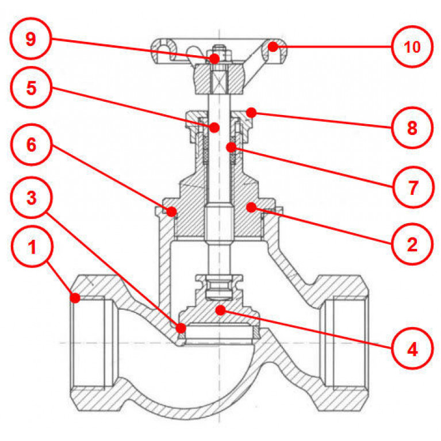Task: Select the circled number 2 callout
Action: pos(412,244)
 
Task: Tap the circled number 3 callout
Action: pos(32,198)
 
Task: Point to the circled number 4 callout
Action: pos(412,348)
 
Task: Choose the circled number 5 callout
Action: pos(32,89)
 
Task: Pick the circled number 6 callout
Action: pos(32,144)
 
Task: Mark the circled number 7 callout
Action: pos(412,186)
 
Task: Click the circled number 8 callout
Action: pos(412,128)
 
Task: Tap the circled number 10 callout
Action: pos(412,47)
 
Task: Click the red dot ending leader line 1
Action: pos(75,297)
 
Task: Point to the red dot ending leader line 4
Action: pos(220,310)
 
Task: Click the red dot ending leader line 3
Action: pos(181,328)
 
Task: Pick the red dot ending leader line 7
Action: pos(231,147)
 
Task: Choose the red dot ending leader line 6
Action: pos(172,212)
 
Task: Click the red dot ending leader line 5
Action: pos(214,127)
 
